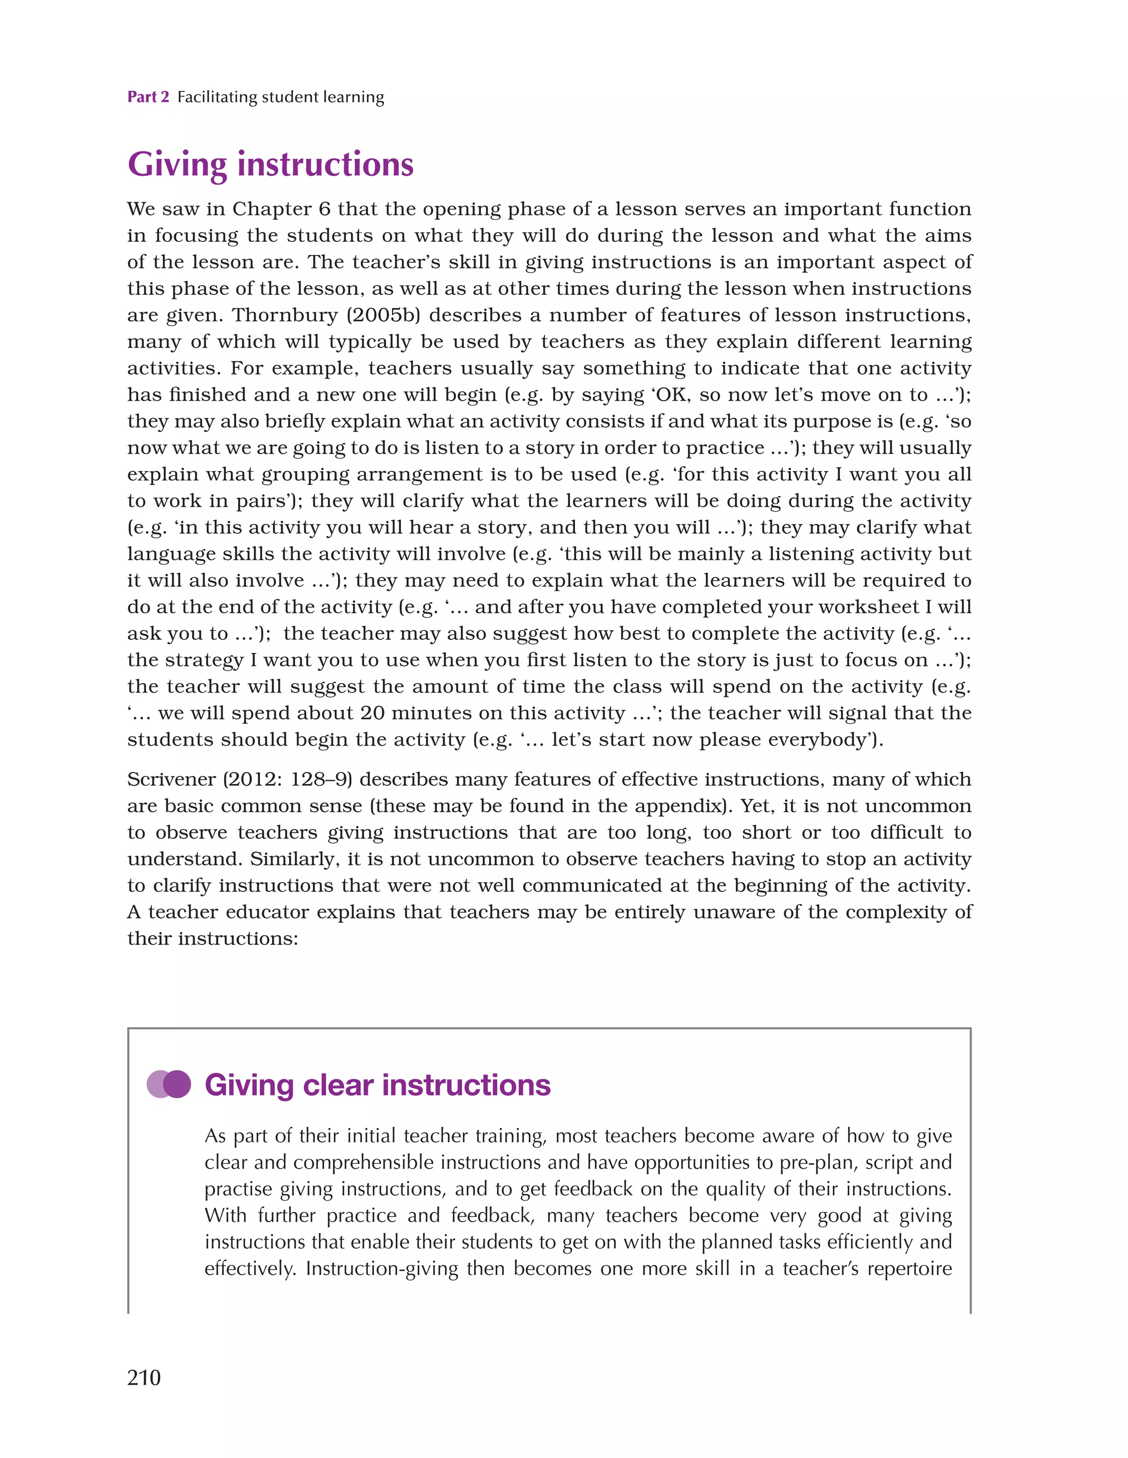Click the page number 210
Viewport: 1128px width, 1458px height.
tap(144, 1377)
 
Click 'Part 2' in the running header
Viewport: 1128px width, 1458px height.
tap(148, 98)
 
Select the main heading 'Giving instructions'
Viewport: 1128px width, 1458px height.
tap(270, 164)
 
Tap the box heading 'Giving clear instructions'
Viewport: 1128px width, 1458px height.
tap(377, 1085)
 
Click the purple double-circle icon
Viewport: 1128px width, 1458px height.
tap(169, 1084)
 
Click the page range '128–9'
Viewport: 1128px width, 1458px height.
tap(321, 780)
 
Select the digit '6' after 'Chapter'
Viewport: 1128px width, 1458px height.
tap(324, 209)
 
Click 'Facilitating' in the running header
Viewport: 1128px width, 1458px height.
tap(217, 98)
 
